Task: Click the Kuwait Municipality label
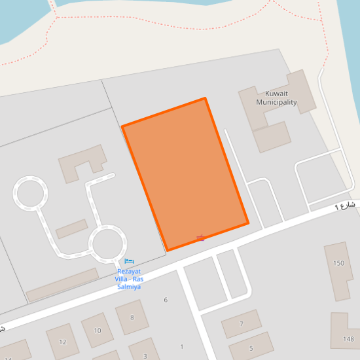tap(276, 98)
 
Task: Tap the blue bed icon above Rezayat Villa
tap(129, 262)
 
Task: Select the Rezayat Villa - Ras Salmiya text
tap(130, 279)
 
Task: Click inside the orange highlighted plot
tap(185, 173)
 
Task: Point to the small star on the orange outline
tap(200, 238)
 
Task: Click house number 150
tap(338, 263)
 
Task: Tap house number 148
tap(348, 339)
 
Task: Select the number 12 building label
tap(63, 342)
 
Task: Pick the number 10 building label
tap(98, 331)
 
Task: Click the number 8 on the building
tap(132, 318)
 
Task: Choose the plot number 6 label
tap(166, 300)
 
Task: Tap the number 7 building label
tap(241, 324)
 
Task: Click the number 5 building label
tap(250, 348)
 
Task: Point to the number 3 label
tap(145, 356)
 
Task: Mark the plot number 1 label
tap(181, 346)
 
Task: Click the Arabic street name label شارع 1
tap(344, 206)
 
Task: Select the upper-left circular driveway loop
tap(30, 194)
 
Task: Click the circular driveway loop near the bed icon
tap(107, 242)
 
